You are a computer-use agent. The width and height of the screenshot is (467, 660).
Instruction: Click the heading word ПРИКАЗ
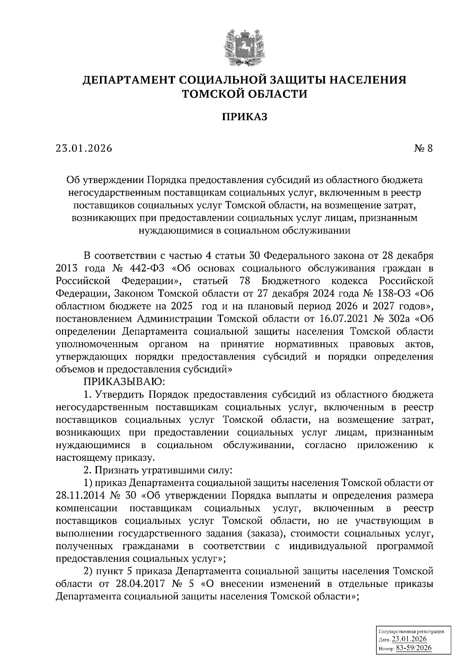[x=245, y=117]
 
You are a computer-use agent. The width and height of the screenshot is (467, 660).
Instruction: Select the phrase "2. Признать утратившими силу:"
[x=158, y=470]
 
